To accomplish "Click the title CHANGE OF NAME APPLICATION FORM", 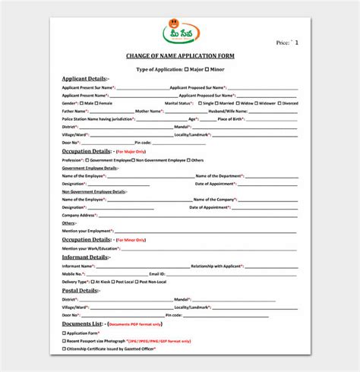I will click(x=179, y=56).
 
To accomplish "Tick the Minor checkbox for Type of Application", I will click(x=208, y=68).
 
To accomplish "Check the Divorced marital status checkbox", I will click(x=279, y=102).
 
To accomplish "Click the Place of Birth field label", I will click(x=232, y=118).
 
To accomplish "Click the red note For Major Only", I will click(x=134, y=152).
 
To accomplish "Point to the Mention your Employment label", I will click(x=87, y=230).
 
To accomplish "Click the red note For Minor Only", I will click(x=134, y=239).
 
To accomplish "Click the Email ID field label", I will click(x=157, y=273).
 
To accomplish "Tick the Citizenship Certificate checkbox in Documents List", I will click(x=64, y=348).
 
